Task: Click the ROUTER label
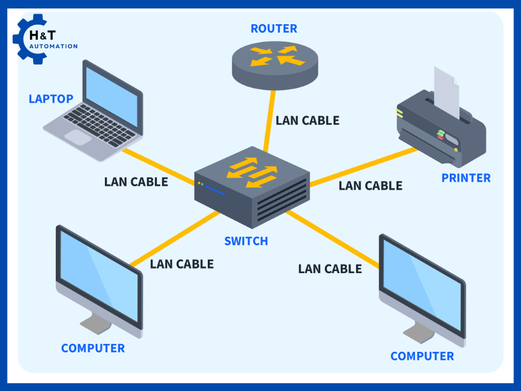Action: coord(274,29)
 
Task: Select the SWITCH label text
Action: coord(246,241)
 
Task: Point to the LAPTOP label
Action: coord(51,98)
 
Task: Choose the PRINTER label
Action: coord(466,178)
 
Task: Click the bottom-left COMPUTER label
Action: coord(92,348)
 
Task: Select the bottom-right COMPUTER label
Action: coord(422,356)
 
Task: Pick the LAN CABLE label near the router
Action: coord(307,121)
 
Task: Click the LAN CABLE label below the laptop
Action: coord(136,182)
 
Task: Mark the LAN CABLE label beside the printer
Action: coord(371,186)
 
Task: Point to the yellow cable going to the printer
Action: coord(365,167)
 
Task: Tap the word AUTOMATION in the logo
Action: coord(54,46)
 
